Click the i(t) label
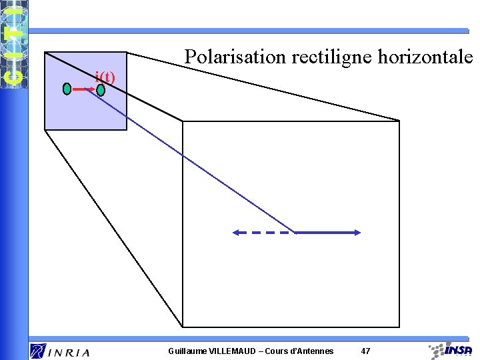tap(105, 77)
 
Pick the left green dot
tap(67, 89)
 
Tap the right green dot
tap(101, 89)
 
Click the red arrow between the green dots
tap(83, 89)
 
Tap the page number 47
tap(365, 351)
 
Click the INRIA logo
tap(59, 351)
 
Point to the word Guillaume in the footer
tap(187, 351)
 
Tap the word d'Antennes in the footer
tap(311, 351)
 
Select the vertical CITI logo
tap(14, 44)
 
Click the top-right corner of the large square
tap(399, 121)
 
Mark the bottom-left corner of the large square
tap(183, 327)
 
